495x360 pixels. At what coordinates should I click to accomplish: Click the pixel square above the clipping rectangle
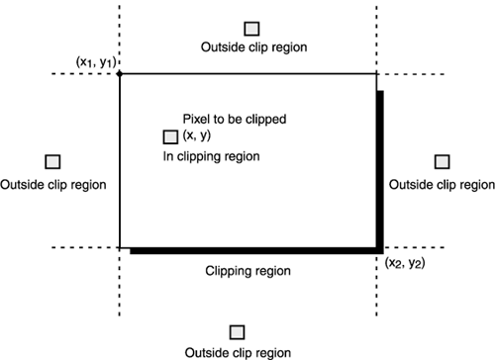coord(252,28)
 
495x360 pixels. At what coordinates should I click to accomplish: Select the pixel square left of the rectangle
coord(52,161)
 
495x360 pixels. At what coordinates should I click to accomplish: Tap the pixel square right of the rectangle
coord(442,161)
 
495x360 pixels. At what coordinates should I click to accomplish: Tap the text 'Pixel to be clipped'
coord(235,119)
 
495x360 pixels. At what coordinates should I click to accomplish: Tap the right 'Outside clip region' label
coord(442,184)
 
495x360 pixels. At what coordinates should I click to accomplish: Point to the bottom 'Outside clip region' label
coord(238,352)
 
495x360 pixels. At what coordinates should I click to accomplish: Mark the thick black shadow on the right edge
coord(380,168)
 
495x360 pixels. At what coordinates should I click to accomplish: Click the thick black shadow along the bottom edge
coord(252,251)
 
